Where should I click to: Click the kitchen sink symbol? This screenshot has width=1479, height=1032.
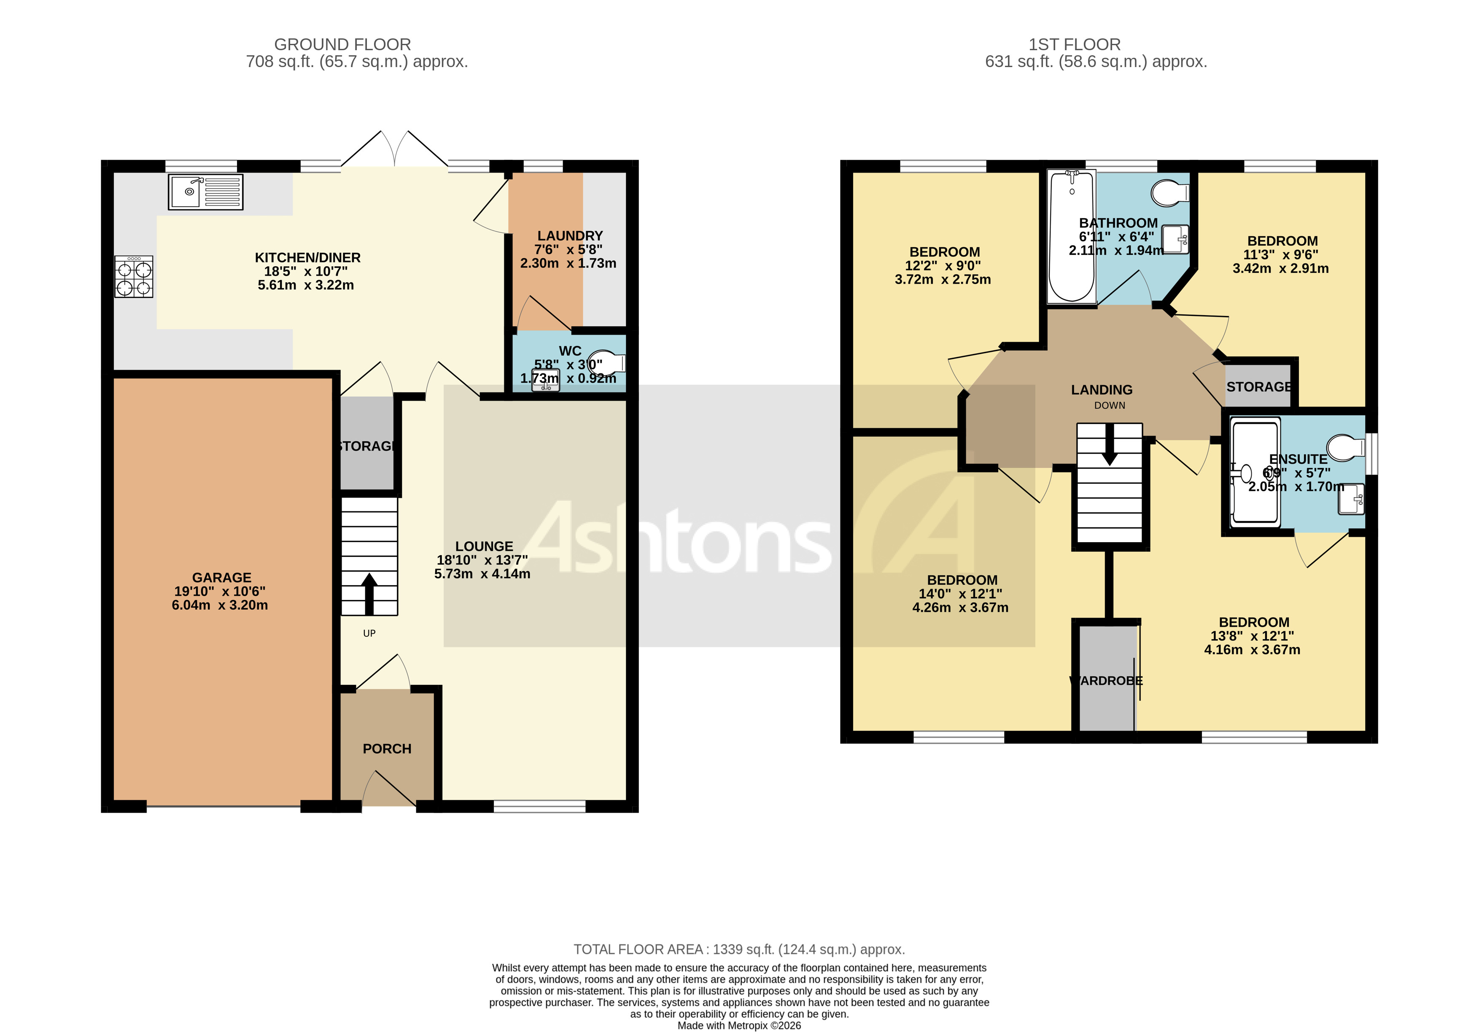(x=205, y=192)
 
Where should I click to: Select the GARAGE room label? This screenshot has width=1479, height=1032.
(x=221, y=578)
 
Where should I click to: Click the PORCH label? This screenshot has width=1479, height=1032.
(x=386, y=749)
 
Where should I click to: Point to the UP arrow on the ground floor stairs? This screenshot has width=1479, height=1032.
(x=369, y=594)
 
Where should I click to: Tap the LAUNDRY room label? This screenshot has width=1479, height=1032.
(x=570, y=236)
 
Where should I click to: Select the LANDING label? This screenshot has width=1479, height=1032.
(x=1102, y=390)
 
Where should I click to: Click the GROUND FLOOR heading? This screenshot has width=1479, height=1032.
(x=342, y=44)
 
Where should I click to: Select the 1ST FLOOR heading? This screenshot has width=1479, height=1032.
(x=1075, y=44)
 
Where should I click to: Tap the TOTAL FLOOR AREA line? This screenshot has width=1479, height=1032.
(x=739, y=949)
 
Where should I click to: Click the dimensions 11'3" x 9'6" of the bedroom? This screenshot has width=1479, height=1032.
(x=1281, y=254)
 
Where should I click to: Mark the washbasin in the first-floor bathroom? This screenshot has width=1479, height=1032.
(x=1176, y=239)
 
